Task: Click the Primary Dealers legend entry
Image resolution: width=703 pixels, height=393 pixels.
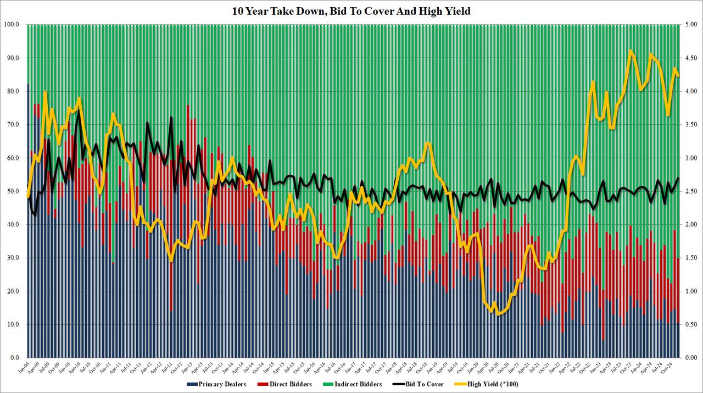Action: [215, 384]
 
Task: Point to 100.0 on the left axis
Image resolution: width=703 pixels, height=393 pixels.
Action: [12, 25]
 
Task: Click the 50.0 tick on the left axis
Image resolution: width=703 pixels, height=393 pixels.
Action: [13, 191]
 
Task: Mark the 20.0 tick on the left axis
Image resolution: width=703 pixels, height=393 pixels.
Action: [13, 291]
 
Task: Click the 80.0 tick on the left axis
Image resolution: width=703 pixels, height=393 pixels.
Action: [13, 91]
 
